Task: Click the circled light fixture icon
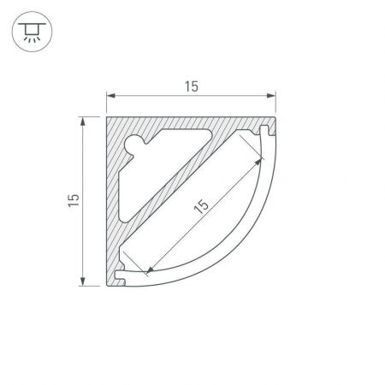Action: point(32,32)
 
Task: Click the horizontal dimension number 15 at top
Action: point(192,86)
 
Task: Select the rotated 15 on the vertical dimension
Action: point(74,200)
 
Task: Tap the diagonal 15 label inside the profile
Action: point(202,206)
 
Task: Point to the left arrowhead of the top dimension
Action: point(110,96)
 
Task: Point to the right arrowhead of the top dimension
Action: point(271,96)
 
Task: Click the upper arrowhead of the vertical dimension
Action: point(83,121)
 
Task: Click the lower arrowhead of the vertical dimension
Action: point(83,281)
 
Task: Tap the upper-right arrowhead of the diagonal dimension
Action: point(258,162)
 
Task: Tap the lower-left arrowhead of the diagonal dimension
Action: point(150,269)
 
